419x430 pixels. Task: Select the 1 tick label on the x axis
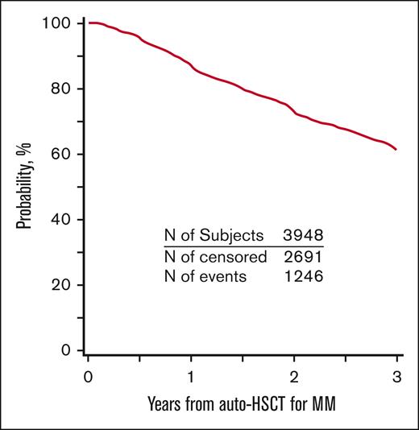click(191, 377)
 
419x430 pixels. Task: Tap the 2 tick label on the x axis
click(294, 377)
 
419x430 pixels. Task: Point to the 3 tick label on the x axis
click(397, 377)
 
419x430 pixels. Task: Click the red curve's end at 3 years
click(396, 150)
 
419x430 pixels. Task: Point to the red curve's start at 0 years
click(89, 23)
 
